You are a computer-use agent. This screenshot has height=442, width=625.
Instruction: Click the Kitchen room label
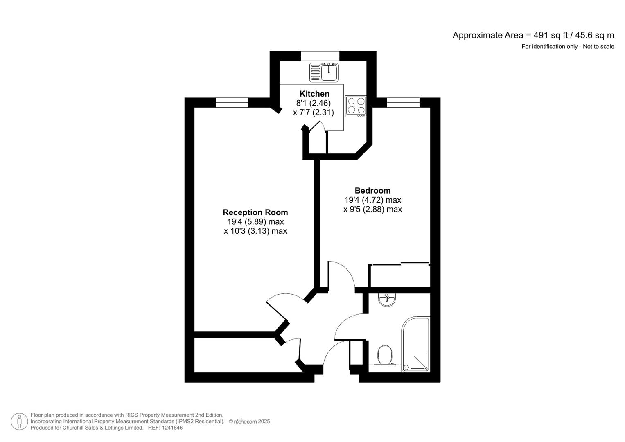point(314,94)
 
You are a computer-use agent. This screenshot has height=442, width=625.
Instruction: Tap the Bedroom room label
point(372,191)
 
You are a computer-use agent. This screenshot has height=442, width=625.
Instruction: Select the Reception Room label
point(255,212)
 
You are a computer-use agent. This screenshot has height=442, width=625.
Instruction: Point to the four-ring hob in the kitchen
point(356,106)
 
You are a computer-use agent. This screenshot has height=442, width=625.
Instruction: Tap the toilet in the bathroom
point(385,355)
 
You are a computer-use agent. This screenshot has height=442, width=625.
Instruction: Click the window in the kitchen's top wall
point(320,56)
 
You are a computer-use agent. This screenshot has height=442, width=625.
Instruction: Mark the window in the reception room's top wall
point(232,103)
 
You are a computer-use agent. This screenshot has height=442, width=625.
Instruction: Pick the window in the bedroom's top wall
point(403,103)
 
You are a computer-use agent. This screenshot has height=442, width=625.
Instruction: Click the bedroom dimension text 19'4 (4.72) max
point(372,200)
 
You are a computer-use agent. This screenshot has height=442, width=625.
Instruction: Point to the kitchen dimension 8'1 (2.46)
point(314,103)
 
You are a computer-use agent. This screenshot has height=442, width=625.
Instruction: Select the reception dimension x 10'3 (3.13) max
point(255,231)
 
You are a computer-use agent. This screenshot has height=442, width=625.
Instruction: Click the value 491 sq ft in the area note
point(547,36)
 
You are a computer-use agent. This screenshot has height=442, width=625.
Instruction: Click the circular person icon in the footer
point(19,422)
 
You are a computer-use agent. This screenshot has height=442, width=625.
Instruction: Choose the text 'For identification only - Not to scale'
point(567,47)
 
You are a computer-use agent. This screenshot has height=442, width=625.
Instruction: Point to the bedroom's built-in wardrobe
point(399,276)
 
